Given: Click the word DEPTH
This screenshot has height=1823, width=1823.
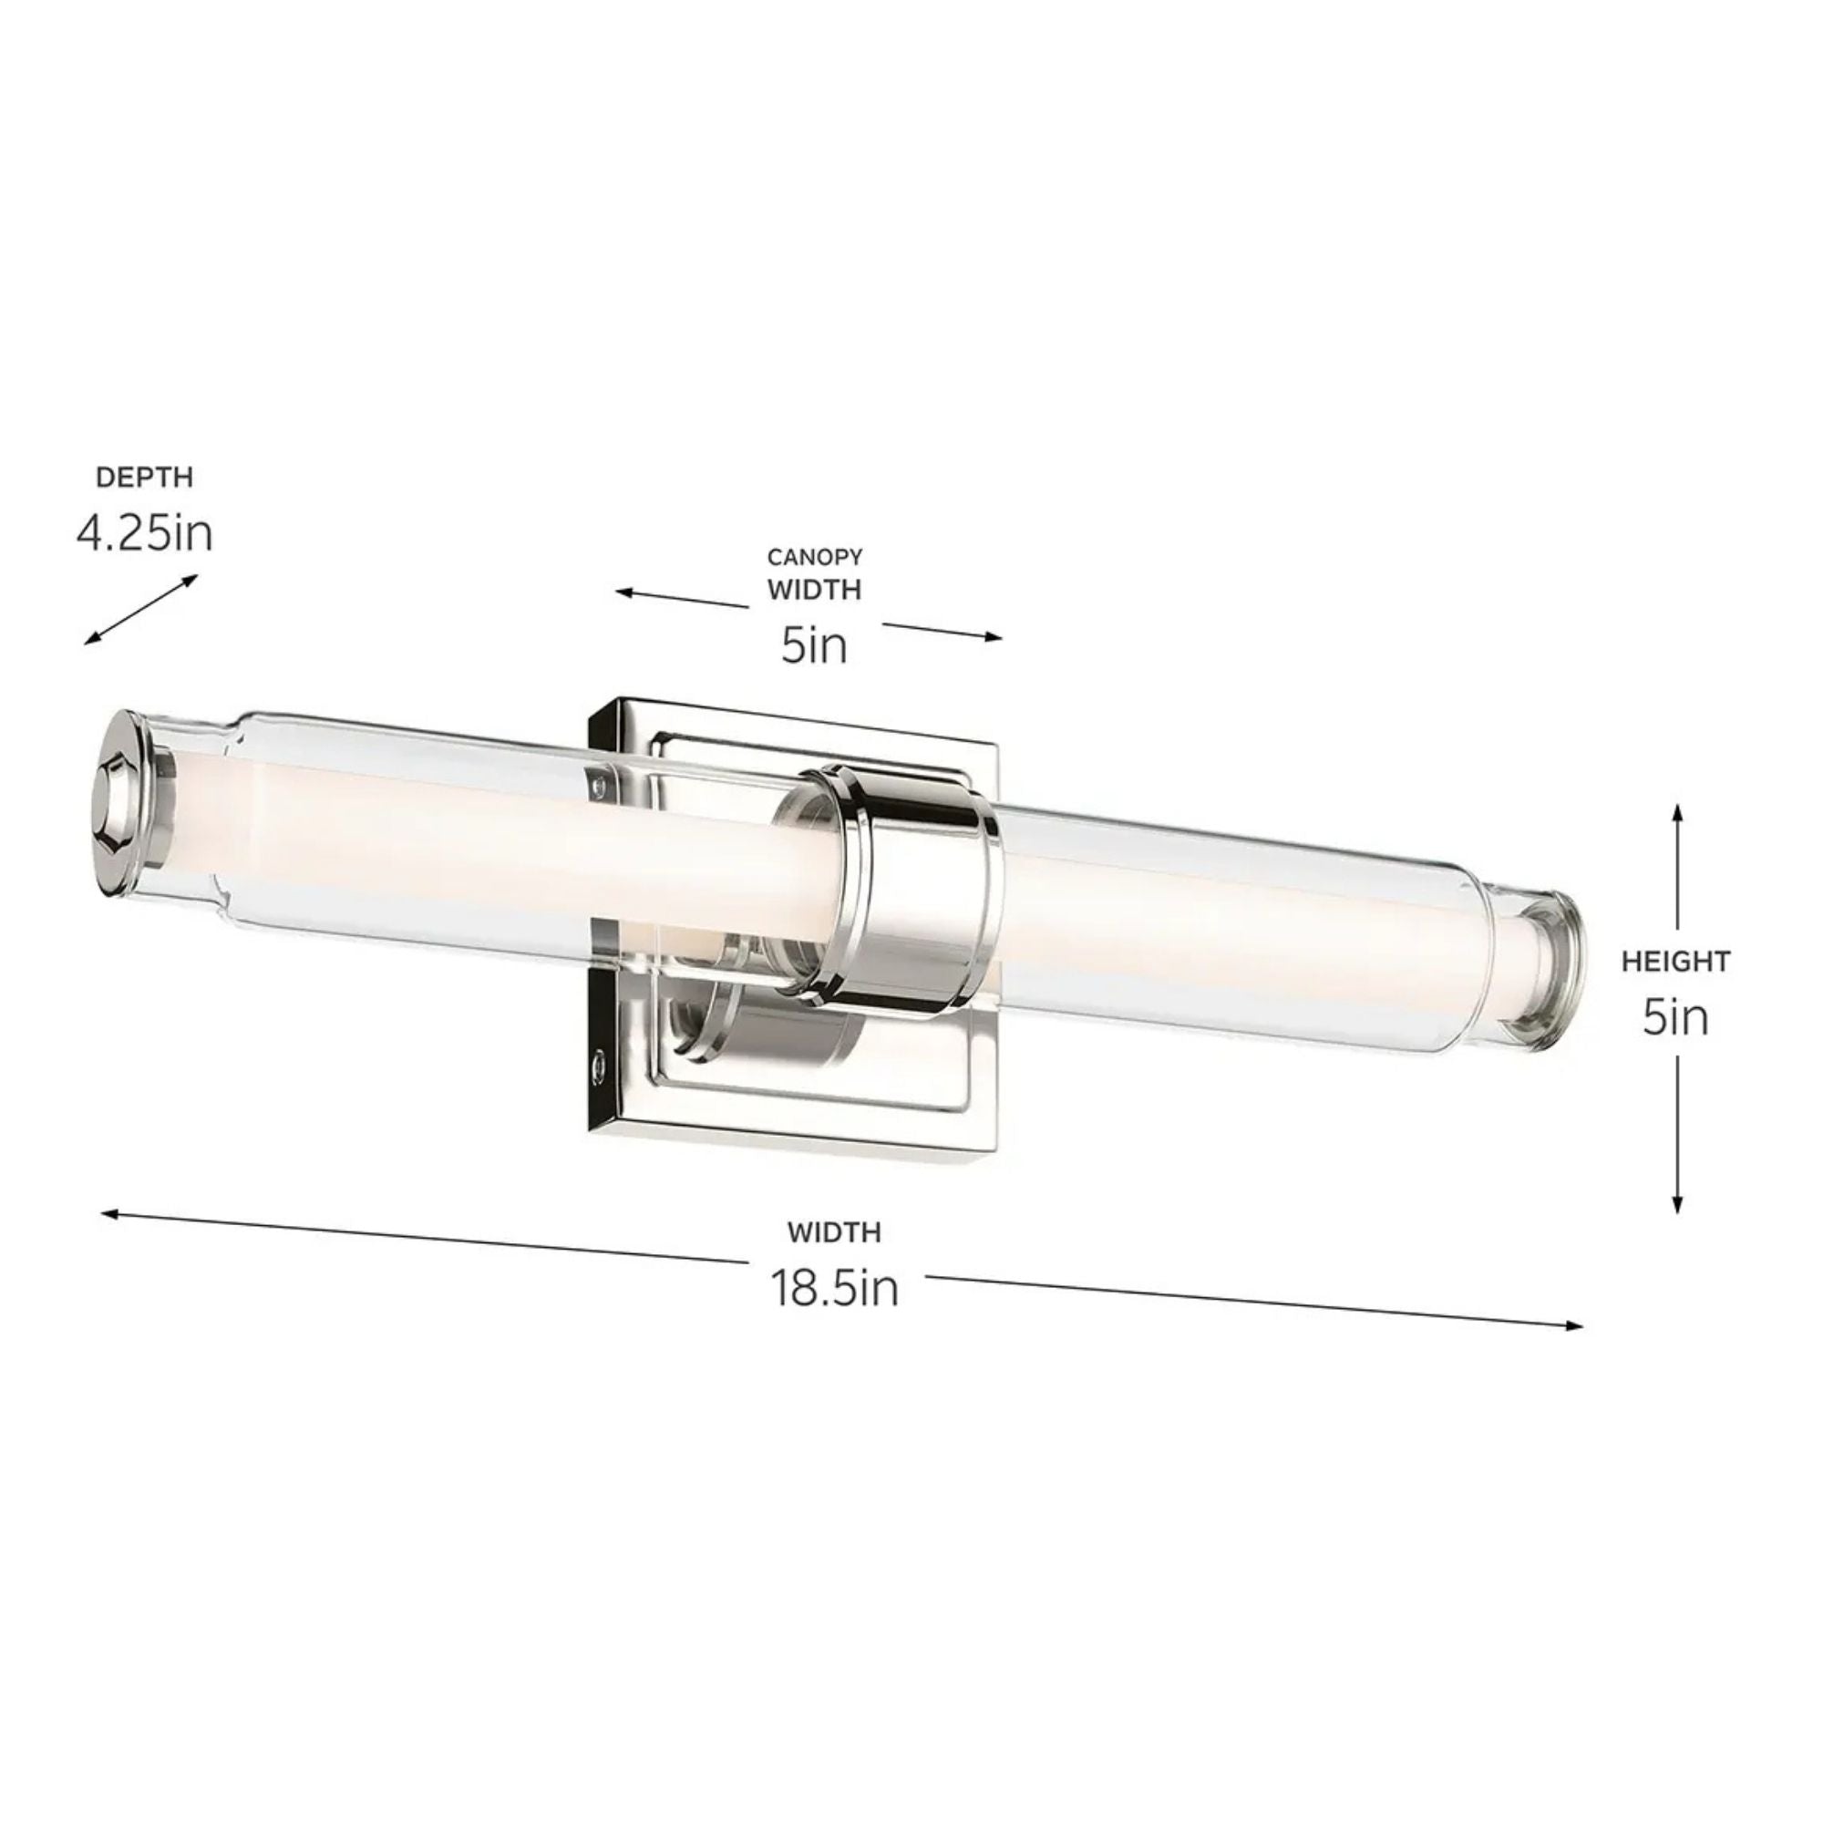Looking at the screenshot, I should [x=144, y=478].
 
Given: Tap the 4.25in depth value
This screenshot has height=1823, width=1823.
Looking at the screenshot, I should [x=144, y=534].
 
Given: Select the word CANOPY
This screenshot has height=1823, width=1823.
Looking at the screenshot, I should [x=814, y=557].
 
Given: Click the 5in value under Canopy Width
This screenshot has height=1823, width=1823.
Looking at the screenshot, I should [x=813, y=646].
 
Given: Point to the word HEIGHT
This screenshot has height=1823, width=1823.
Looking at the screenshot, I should [x=1677, y=962].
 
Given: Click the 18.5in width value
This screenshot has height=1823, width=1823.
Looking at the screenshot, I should [x=835, y=1288].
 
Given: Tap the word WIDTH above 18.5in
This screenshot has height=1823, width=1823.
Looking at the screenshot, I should [x=835, y=1232].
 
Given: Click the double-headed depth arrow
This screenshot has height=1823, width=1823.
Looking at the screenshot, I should [x=140, y=610].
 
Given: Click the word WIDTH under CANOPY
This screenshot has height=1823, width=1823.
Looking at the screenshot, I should [x=814, y=590].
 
